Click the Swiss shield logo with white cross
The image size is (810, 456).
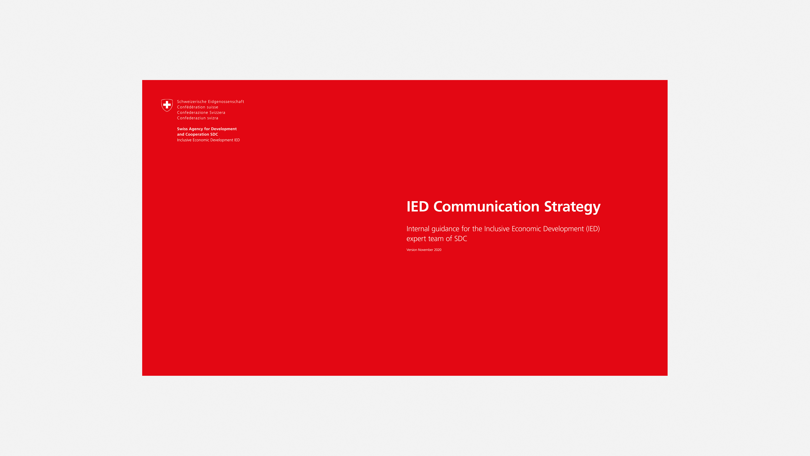coord(167,105)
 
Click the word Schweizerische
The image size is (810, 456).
coord(192,102)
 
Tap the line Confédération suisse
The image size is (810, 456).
coord(197,107)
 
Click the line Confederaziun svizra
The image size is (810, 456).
coord(197,118)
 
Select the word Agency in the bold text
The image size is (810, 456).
coord(196,129)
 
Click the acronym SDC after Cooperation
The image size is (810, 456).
coord(214,134)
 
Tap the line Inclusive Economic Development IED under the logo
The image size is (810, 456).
coord(208,140)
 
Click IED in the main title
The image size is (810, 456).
coord(418,207)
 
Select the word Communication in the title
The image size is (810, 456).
coord(486,206)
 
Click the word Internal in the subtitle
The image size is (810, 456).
coord(418,229)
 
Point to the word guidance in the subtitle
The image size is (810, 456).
coord(445,229)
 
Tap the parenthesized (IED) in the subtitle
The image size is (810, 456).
coord(593,229)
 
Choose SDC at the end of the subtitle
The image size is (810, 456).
coord(461,239)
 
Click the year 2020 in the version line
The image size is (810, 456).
coord(438,250)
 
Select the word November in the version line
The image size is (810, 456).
coord(425,250)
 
